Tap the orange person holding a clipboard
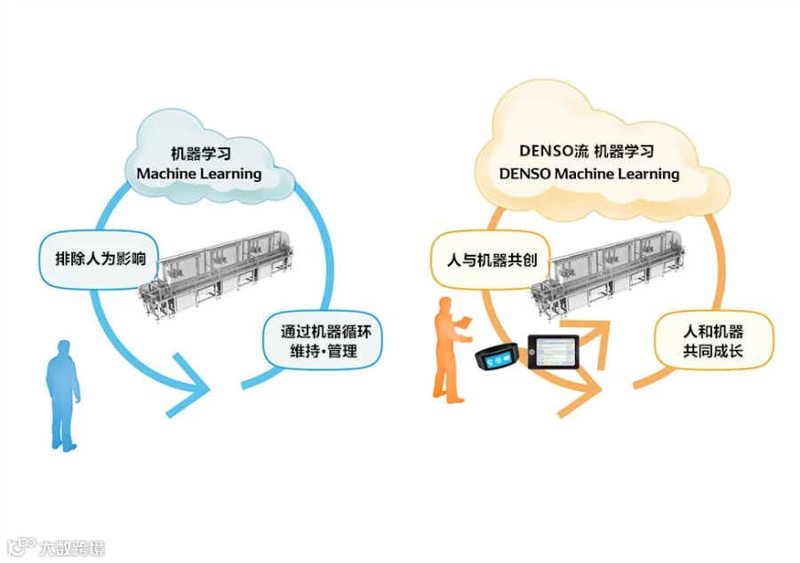(x=447, y=351)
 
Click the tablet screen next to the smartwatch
(x=553, y=353)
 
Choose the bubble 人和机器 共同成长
(x=713, y=341)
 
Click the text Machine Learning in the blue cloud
(x=199, y=174)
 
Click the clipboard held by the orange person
(x=465, y=319)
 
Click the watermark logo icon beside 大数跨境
(x=20, y=545)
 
